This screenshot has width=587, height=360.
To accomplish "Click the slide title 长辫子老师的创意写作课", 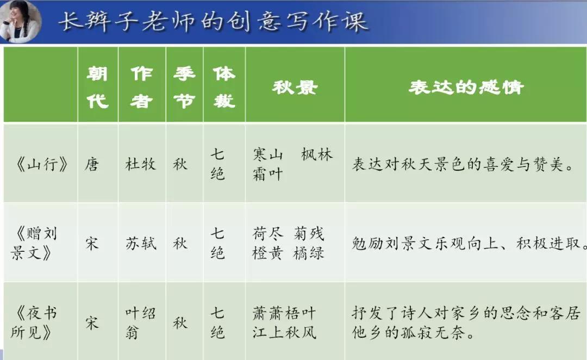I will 212,22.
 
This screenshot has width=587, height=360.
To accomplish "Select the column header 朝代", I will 97,86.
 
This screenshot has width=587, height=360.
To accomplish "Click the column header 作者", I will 141,86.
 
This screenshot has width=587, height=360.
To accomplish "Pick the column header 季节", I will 184,86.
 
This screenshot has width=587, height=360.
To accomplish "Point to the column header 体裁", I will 224,86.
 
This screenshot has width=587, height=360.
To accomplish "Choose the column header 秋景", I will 295,87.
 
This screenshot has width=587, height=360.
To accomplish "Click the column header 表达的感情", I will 466,87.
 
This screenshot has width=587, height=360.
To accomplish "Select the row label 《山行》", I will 41,164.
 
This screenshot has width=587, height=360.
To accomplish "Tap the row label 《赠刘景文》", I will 36,244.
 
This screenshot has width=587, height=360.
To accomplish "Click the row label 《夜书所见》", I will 36,322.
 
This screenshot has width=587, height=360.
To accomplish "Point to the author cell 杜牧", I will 141,164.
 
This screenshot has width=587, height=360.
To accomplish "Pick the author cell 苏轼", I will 141,243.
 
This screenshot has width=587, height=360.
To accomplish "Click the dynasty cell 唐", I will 92,164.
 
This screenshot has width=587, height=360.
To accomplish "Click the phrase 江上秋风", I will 284,331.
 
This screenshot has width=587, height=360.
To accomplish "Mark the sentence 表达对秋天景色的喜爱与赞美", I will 464,164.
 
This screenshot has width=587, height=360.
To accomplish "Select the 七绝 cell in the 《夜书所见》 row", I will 217,322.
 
